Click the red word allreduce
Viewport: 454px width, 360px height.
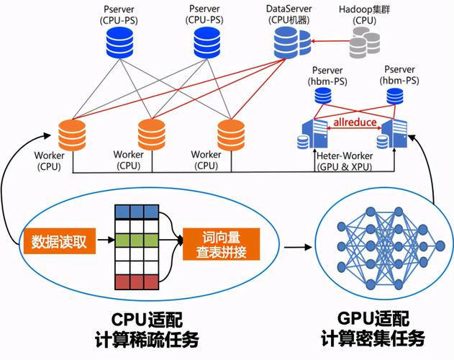click(353, 123)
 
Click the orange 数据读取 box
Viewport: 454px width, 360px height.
click(60, 241)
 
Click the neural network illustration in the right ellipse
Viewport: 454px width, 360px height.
click(389, 247)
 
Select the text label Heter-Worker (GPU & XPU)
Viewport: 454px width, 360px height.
click(350, 161)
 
